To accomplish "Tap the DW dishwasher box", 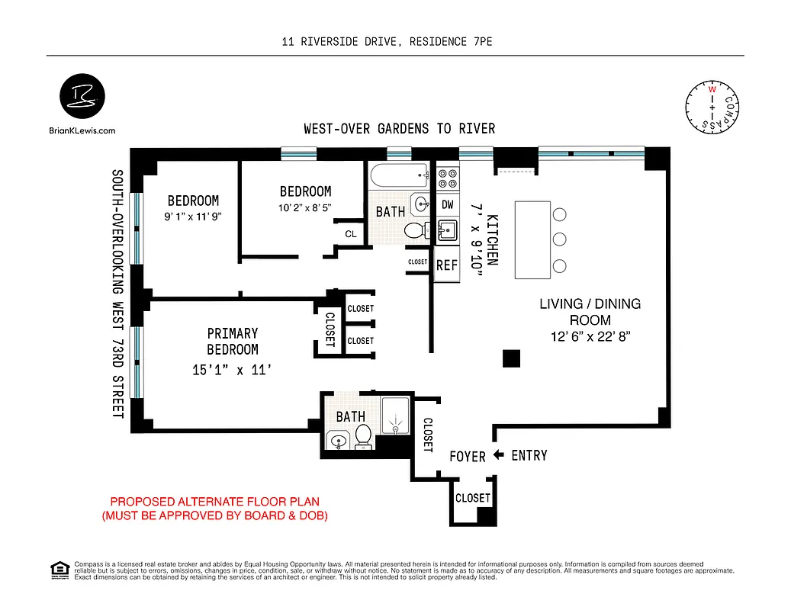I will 448,204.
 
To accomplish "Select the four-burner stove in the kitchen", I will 448,178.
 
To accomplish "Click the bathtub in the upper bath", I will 400,178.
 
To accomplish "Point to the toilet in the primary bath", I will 363,437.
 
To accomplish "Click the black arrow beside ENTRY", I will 499,455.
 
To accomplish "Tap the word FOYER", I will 468,456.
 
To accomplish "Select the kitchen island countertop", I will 532,239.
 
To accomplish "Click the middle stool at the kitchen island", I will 559,239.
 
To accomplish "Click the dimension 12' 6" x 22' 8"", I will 590,336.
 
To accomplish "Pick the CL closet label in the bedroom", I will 350,234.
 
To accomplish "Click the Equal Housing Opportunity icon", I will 58,570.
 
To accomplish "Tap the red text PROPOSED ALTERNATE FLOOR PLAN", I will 215,502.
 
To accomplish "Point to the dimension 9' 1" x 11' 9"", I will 193,216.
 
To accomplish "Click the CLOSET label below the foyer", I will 472,497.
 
